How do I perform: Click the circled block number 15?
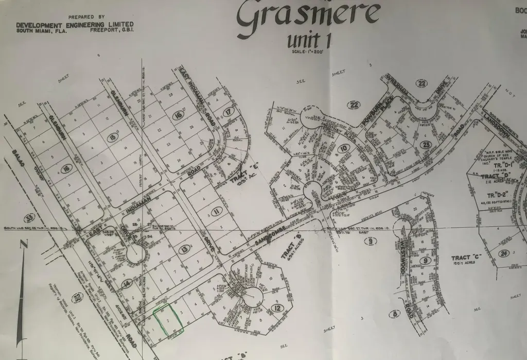click(x=113, y=137)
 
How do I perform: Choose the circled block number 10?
click(x=343, y=150)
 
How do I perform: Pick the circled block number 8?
click(x=395, y=314)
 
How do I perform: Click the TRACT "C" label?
click(x=465, y=258)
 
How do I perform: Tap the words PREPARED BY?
click(x=86, y=16)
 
